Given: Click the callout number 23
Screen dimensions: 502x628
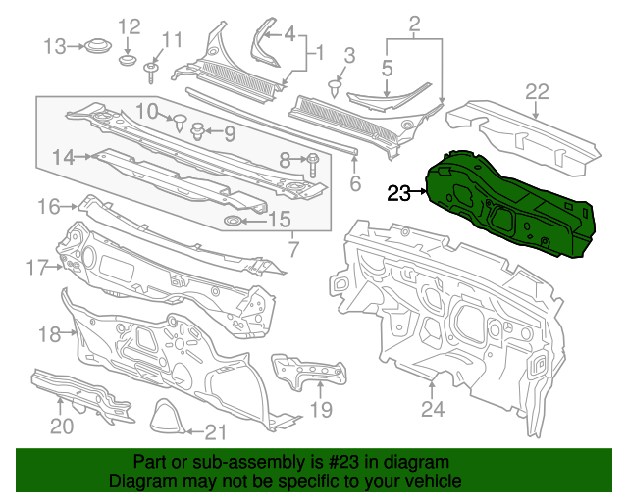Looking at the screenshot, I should pyautogui.click(x=400, y=193).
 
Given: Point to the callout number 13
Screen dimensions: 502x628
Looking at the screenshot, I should pyautogui.click(x=55, y=45).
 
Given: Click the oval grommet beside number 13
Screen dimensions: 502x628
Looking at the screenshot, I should pyautogui.click(x=95, y=45).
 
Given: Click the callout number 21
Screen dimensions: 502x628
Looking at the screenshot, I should pyautogui.click(x=215, y=430).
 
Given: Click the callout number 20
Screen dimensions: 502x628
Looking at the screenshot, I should pyautogui.click(x=61, y=427).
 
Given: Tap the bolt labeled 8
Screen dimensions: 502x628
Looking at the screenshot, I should pyautogui.click(x=312, y=161).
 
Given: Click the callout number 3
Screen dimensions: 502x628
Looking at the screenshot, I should pyautogui.click(x=348, y=56).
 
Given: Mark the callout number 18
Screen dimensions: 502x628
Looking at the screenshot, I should pyautogui.click(x=49, y=335).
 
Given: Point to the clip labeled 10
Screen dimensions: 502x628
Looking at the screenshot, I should pyautogui.click(x=181, y=122).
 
